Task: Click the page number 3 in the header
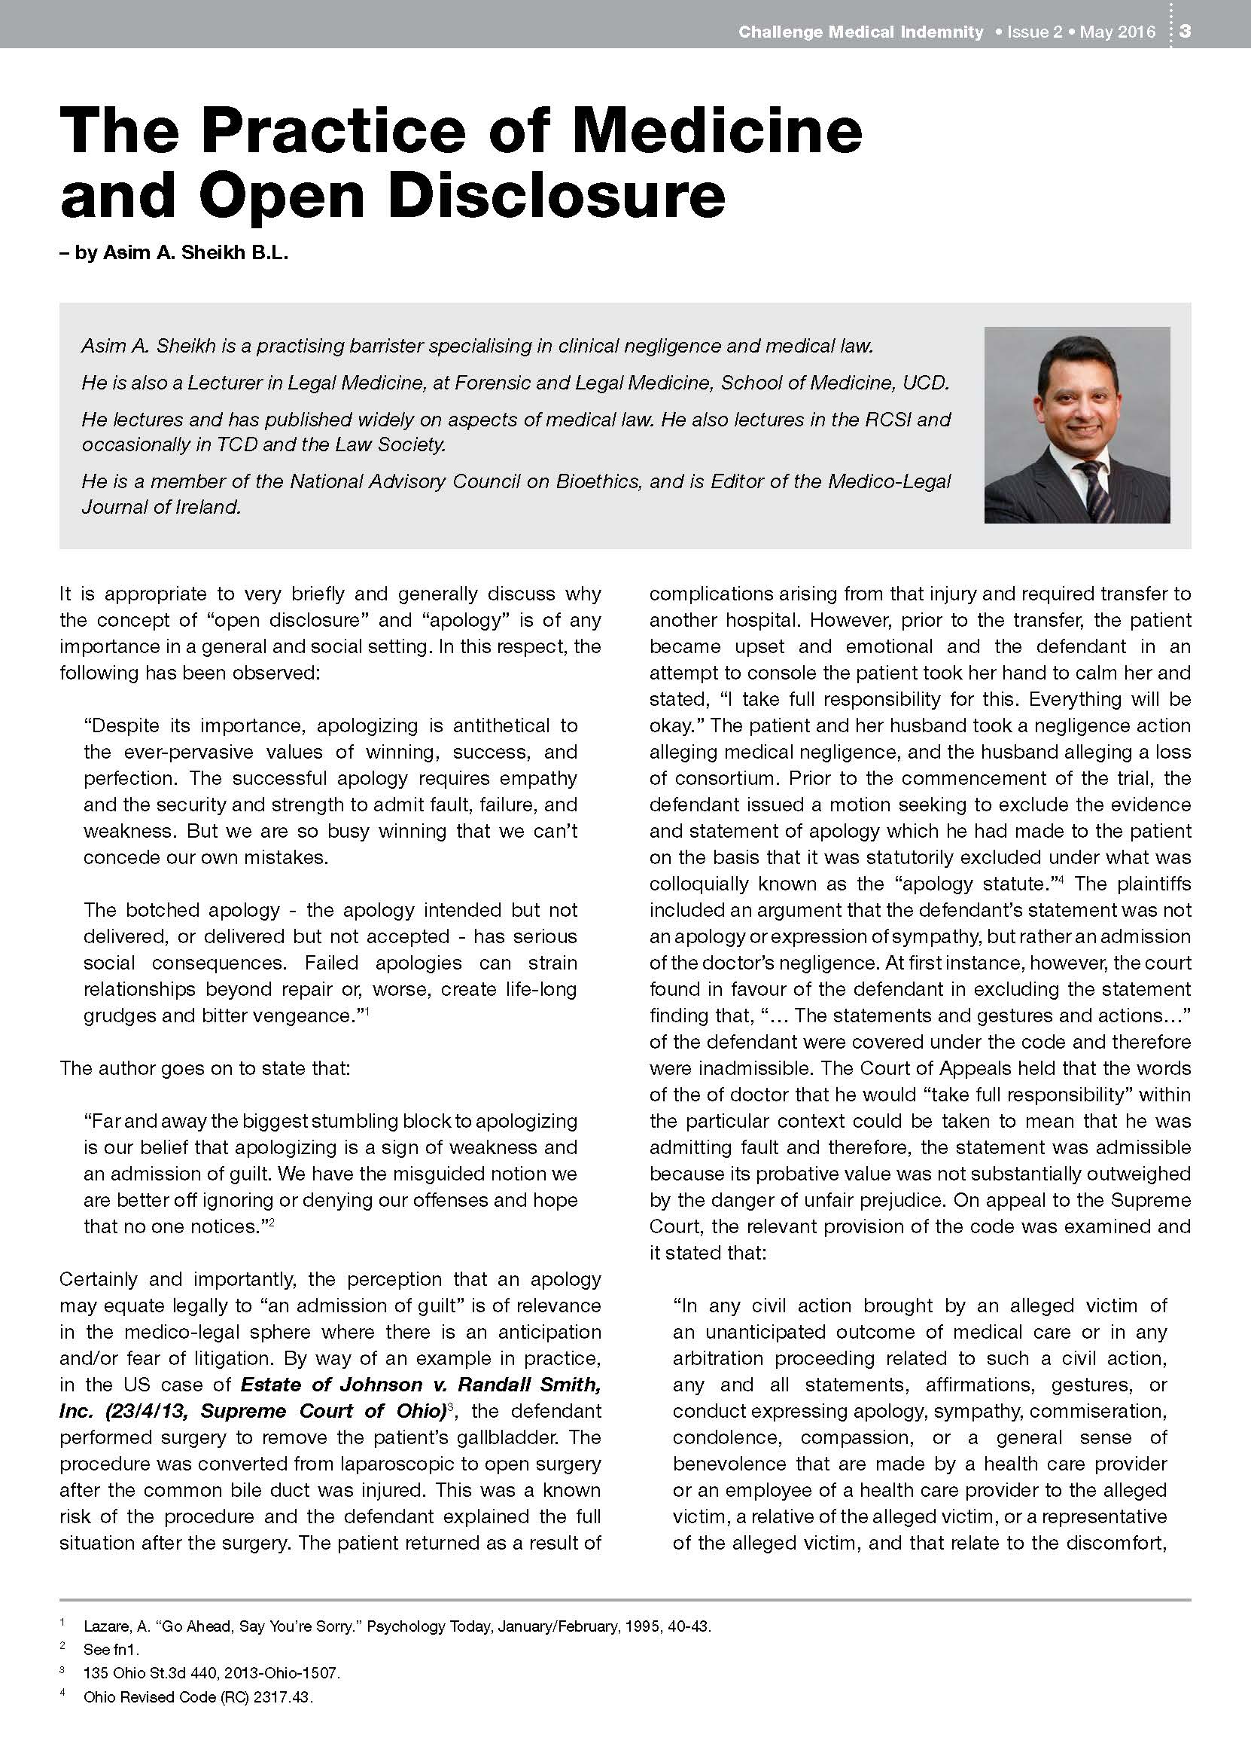(1186, 32)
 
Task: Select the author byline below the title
(173, 252)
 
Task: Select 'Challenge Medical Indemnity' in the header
(860, 32)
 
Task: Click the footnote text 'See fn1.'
(111, 1650)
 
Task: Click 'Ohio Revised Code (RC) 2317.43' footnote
(198, 1697)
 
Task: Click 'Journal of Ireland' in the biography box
(161, 506)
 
